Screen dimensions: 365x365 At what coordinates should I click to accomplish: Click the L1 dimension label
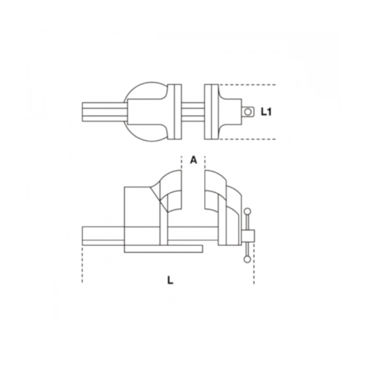point(266,112)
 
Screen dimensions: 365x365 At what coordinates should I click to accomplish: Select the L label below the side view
point(170,280)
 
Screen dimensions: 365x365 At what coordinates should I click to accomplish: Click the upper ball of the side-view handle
point(247,212)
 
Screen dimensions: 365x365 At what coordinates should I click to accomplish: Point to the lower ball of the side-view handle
point(247,259)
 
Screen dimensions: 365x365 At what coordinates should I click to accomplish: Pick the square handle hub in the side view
point(248,235)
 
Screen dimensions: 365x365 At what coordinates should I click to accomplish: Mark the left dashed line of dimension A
point(181,163)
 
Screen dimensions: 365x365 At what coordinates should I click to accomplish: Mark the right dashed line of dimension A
point(205,163)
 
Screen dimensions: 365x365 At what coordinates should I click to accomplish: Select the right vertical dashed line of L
point(254,270)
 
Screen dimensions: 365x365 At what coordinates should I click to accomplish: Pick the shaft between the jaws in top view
point(193,111)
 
